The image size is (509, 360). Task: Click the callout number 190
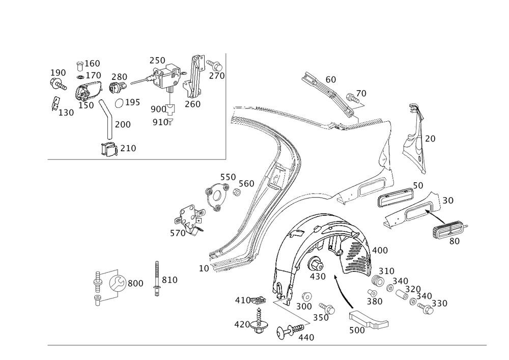coord(58,73)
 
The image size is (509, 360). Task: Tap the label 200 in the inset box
coord(123,124)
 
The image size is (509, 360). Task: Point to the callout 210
coord(128,149)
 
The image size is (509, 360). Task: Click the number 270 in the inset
coord(216,76)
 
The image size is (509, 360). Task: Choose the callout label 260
coord(193,104)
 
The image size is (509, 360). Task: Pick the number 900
coord(158,109)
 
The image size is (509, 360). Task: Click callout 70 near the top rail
coord(361,94)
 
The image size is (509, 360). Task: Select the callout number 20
coord(430,139)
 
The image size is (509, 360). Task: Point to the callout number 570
coord(177,233)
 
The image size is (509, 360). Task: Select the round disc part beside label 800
coord(118,283)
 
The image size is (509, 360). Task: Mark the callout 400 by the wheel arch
coord(380,251)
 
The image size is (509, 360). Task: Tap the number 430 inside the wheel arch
coord(318,276)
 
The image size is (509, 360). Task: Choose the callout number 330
coord(439,304)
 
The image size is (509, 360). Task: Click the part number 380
coord(374,301)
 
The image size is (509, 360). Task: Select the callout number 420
coord(241,324)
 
